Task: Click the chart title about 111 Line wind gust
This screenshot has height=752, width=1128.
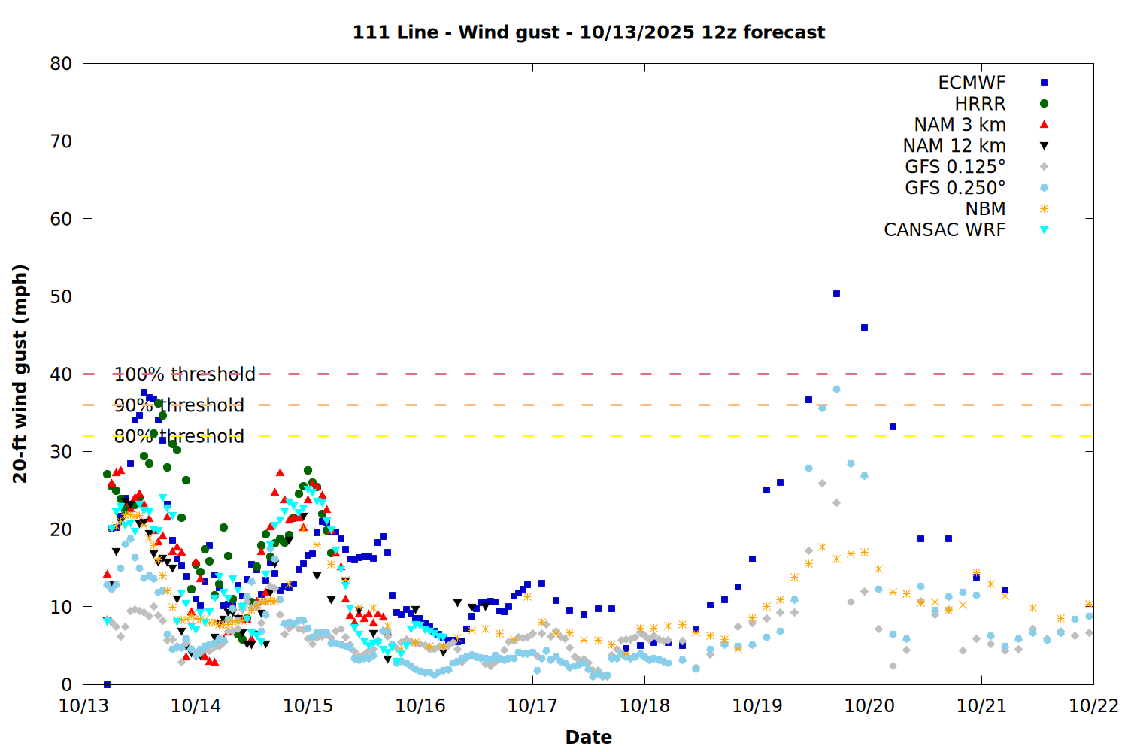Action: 589,32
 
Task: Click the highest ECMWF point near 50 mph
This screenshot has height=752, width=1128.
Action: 836,294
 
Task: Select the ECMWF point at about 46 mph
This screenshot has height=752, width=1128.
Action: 864,328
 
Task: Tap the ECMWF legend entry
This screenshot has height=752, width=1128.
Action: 972,83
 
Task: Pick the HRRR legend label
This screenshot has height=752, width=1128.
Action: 980,104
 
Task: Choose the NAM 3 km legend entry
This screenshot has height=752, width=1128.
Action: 960,125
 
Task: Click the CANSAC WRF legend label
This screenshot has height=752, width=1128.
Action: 945,230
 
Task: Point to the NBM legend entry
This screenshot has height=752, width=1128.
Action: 985,209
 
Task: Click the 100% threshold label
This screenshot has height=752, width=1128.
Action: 184,374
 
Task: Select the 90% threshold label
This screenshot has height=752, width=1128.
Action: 179,405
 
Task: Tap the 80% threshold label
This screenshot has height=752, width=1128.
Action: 179,436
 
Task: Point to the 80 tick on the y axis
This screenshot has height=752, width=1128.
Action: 61,64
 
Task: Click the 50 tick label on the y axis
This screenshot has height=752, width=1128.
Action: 61,296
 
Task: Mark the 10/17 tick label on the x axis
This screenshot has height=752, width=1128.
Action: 532,706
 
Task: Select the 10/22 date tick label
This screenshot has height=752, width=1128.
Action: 1093,706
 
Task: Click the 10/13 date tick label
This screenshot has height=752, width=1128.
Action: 83,706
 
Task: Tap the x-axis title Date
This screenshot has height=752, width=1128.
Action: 589,737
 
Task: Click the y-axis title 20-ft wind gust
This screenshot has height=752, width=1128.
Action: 20,374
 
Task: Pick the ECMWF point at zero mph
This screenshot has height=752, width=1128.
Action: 107,684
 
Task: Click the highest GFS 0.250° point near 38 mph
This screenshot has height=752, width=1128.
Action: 836,390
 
